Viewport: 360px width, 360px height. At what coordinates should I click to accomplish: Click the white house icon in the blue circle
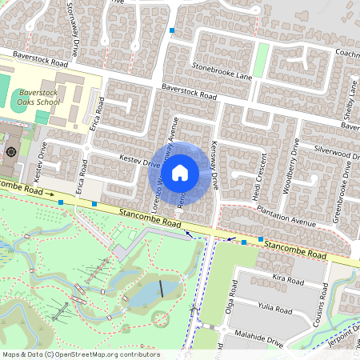point(180,172)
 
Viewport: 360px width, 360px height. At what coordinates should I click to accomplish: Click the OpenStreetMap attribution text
point(80,354)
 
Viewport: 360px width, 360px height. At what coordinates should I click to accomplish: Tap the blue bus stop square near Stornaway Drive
point(171,30)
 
